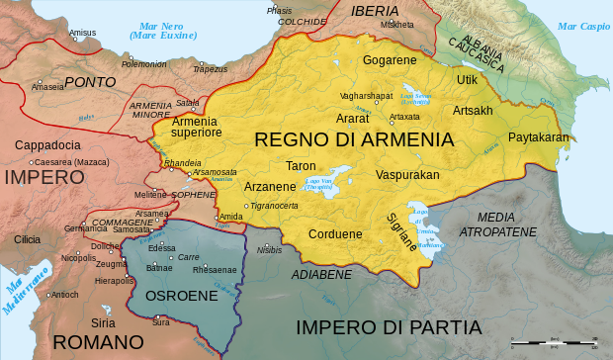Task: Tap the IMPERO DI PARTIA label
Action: (x=389, y=327)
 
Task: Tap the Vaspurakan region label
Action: (x=406, y=175)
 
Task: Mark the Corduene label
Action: (x=335, y=235)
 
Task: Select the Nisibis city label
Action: (x=270, y=250)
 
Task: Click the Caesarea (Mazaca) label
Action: (x=70, y=161)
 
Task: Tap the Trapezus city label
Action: (x=210, y=69)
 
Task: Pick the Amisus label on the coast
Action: (x=83, y=33)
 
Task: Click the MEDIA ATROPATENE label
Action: (x=506, y=225)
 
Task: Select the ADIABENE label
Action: (x=321, y=274)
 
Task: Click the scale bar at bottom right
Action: (x=554, y=344)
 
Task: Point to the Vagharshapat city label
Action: (x=366, y=95)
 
